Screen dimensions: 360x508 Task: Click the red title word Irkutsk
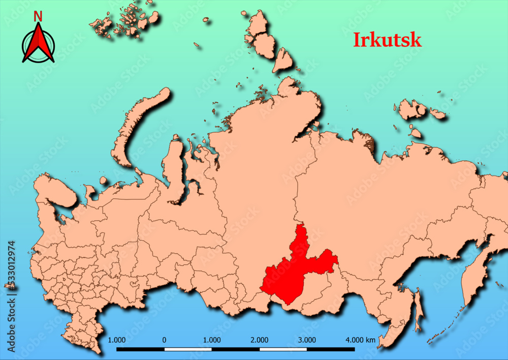tap(387, 40)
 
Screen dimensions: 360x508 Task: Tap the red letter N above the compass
tap(38, 16)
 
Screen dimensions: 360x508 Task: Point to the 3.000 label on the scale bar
tap(307, 340)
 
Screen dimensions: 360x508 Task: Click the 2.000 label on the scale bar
tap(259, 340)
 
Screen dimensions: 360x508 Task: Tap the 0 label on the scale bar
tap(164, 340)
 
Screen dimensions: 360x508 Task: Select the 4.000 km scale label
tap(360, 340)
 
